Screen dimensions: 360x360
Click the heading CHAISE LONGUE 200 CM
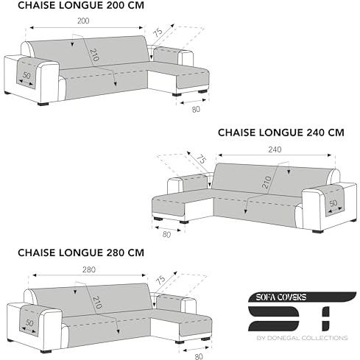tap(81, 5)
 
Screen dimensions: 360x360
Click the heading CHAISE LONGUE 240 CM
tap(281, 133)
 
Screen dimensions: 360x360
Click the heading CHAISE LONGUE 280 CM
tap(81, 253)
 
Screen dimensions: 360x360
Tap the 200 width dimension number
tap(83, 21)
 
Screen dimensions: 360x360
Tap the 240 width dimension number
tap(275, 149)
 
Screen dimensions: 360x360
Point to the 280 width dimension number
tap(89, 269)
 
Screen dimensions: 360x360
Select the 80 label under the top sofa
tap(196, 110)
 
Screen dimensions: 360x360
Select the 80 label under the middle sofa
tap(166, 235)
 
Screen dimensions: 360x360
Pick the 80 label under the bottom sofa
tap(199, 356)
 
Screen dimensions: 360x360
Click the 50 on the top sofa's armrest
tap(27, 75)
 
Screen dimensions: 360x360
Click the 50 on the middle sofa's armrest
tap(333, 203)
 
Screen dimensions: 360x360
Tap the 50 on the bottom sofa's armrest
tap(29, 323)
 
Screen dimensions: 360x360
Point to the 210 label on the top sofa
tap(94, 55)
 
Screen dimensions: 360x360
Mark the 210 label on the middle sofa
tap(267, 183)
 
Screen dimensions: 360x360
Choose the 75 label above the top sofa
tap(158, 32)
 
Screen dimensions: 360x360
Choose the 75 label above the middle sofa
tap(201, 159)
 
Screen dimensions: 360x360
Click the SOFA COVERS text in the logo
tap(281, 297)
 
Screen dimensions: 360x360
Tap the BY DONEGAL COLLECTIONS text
tap(302, 338)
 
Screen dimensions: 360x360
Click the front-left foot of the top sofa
tap(43, 104)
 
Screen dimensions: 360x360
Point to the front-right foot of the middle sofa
tap(317, 231)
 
